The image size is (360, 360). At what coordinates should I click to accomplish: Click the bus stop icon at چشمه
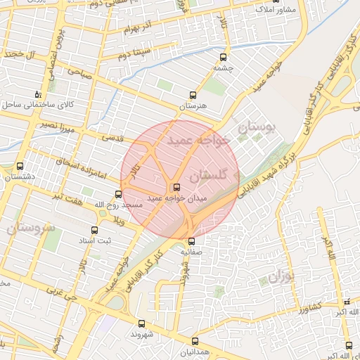pos(224,58)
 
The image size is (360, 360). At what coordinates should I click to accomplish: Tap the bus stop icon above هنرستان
pos(193,94)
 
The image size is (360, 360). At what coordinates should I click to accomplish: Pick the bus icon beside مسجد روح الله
pos(118,194)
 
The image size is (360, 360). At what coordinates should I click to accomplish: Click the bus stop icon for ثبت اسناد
pos(94,230)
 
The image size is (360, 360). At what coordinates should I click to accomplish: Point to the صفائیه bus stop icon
pos(191,240)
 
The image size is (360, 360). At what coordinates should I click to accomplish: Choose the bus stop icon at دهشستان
pos(19,167)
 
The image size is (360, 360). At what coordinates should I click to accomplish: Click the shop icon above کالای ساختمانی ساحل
pos(38,94)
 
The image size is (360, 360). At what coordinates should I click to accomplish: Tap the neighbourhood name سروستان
pos(30,228)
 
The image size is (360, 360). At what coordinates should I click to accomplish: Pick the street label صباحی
pos(79,71)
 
